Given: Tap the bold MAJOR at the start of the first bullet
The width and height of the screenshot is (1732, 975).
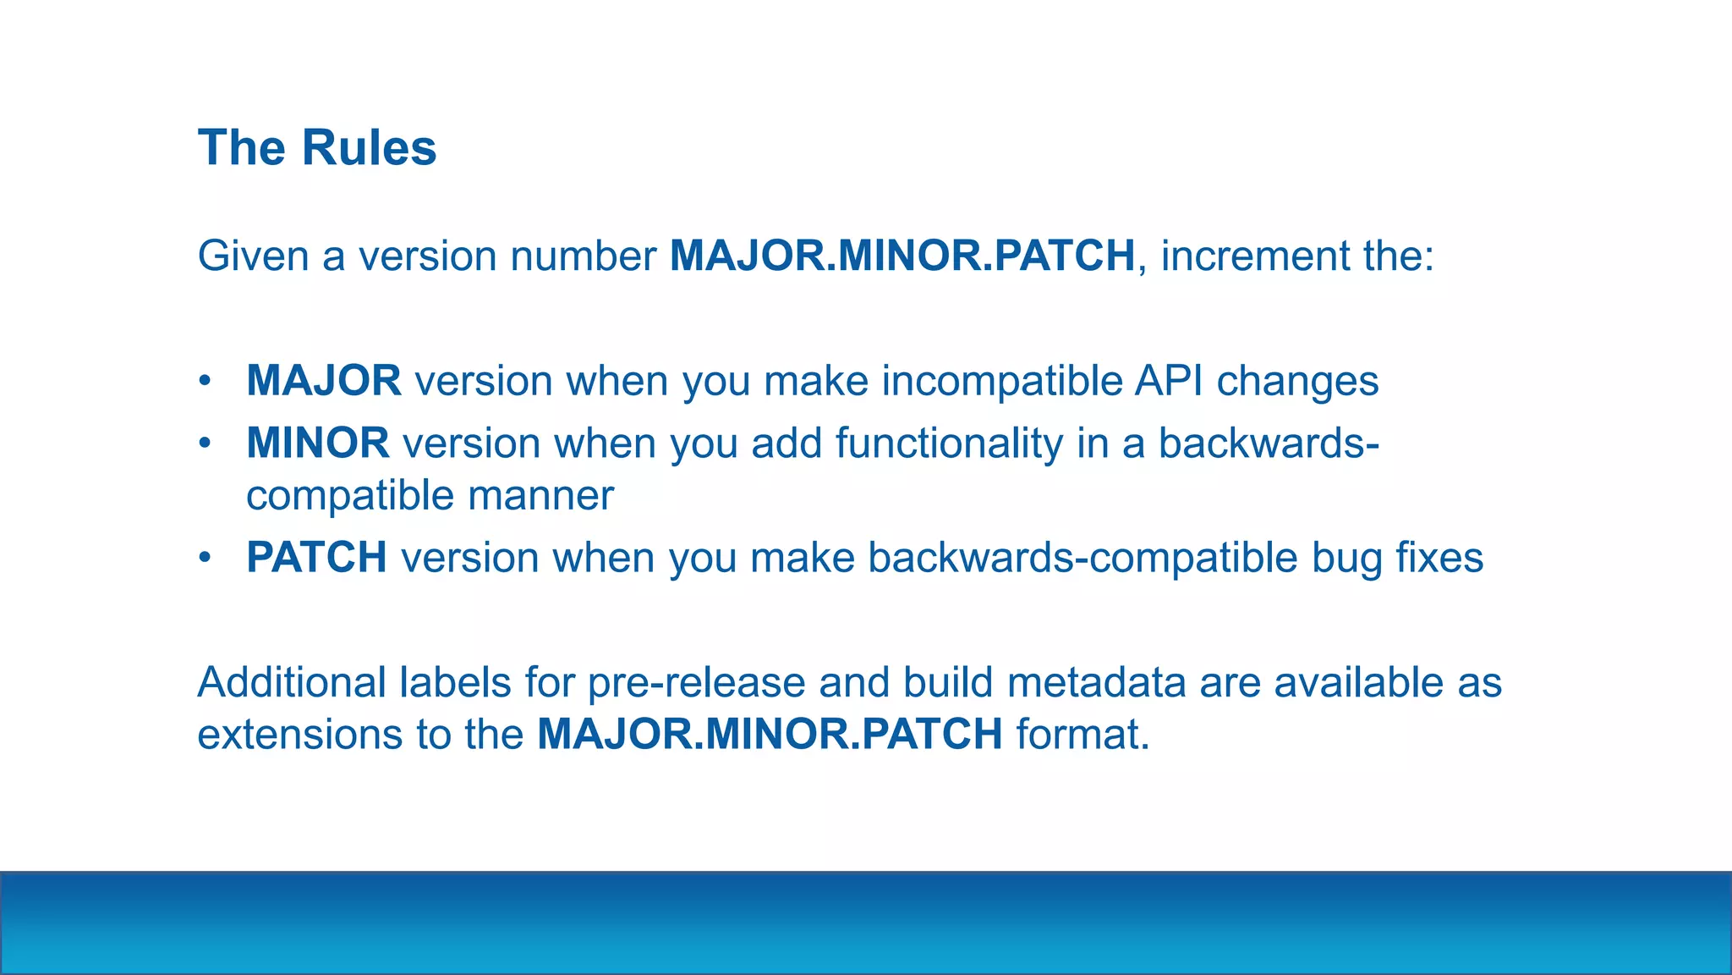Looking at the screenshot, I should click(x=324, y=381).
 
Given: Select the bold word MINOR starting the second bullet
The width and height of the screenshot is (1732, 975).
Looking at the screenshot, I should click(x=318, y=443).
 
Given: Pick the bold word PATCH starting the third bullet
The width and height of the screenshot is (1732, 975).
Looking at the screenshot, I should click(x=316, y=558).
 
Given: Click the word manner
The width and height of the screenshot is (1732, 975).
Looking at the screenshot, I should click(x=540, y=496).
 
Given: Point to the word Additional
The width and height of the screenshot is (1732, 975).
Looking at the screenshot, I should click(x=292, y=682).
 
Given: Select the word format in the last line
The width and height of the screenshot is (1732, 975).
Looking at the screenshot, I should click(x=1082, y=734).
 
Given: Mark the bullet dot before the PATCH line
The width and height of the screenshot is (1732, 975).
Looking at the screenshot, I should click(x=204, y=559).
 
